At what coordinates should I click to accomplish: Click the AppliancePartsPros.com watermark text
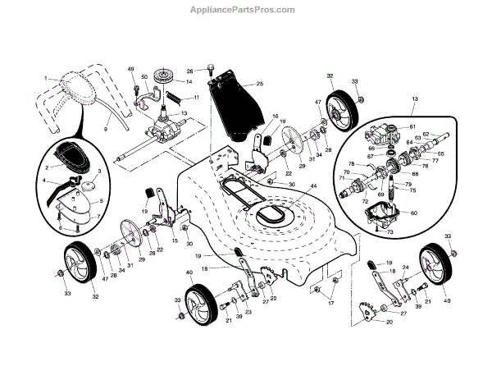[x=245, y=10]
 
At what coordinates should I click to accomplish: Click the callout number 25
[x=259, y=85]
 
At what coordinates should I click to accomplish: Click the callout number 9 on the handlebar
[x=106, y=129]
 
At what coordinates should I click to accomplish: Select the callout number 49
[x=130, y=71]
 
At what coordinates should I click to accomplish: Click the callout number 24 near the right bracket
[x=404, y=267]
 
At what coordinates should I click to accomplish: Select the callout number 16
[x=275, y=117]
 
